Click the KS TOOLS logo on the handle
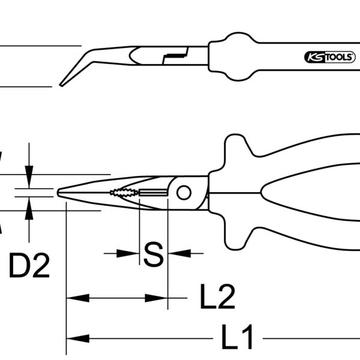(x=329, y=57)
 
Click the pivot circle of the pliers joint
(x=184, y=193)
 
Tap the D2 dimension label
(x=29, y=265)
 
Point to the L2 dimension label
(x=217, y=296)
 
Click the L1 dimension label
(x=238, y=337)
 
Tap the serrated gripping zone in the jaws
(x=124, y=193)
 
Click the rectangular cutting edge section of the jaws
(x=153, y=193)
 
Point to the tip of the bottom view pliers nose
(x=58, y=193)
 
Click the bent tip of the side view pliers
(x=61, y=85)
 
